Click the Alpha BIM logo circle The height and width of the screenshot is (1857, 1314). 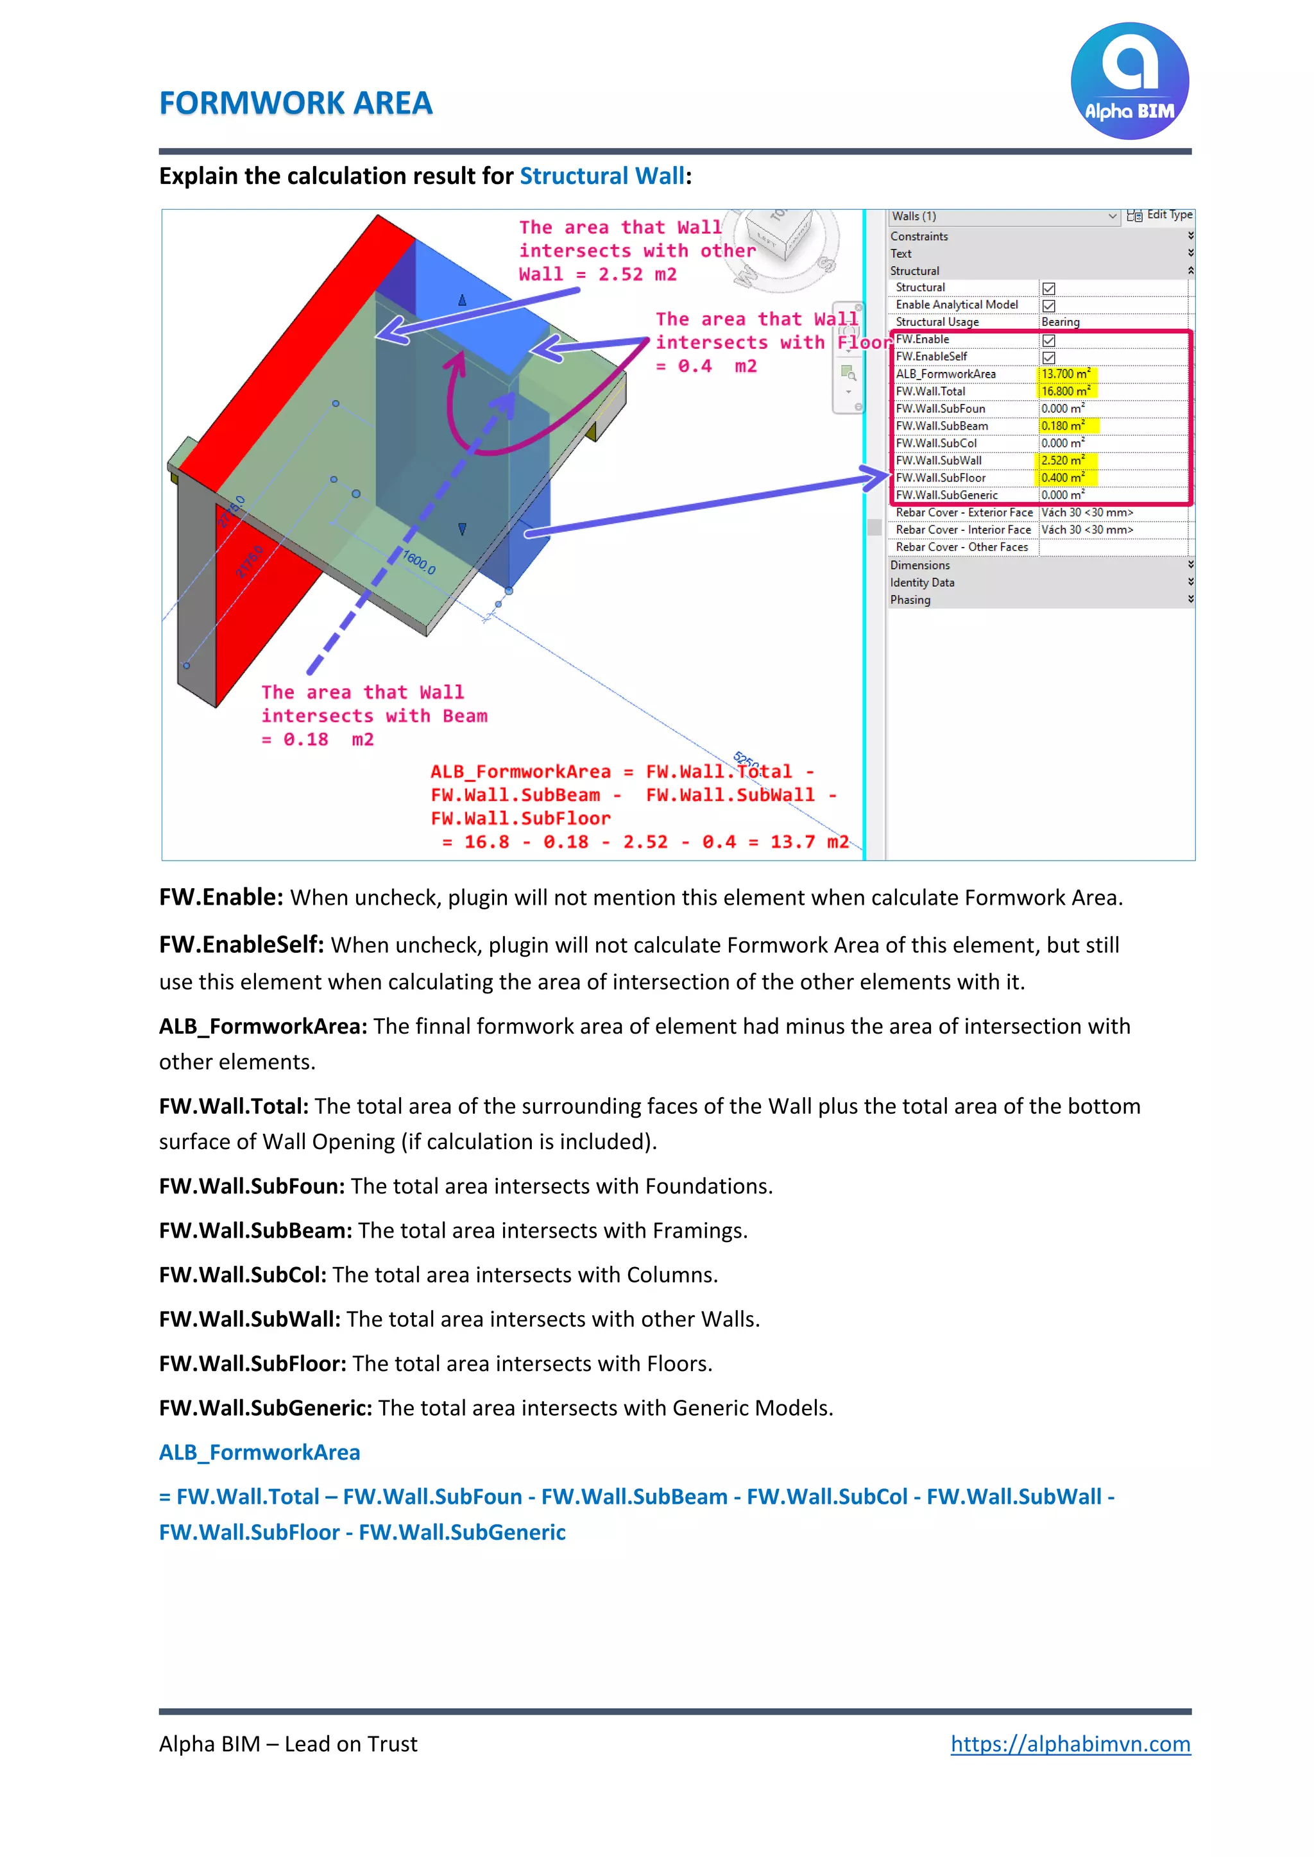pos(1129,81)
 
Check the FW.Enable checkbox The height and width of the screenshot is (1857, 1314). pos(1048,340)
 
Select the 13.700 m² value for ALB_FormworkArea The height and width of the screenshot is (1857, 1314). pos(1065,374)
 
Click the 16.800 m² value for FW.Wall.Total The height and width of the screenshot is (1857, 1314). pos(1065,391)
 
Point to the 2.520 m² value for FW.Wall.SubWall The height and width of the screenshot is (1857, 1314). pos(1062,460)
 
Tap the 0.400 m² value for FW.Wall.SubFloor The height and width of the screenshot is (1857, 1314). pos(1062,478)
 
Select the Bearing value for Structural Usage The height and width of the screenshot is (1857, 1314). pos(1060,322)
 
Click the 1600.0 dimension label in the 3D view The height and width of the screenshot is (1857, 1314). pos(419,562)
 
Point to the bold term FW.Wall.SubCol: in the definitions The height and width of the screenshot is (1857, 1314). pos(243,1275)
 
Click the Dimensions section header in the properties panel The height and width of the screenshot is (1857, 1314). pos(920,566)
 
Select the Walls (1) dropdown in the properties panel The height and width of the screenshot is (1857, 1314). pos(1003,216)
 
